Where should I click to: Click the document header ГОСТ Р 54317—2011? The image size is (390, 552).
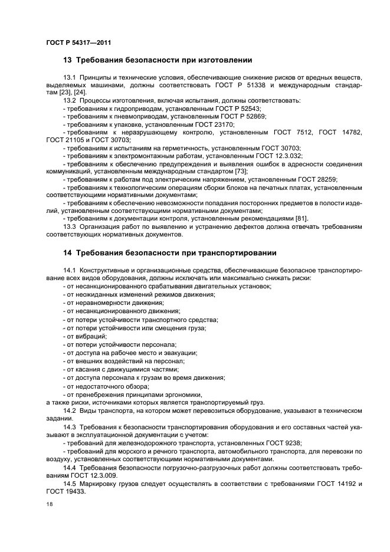(78, 43)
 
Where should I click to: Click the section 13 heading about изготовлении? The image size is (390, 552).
(158, 60)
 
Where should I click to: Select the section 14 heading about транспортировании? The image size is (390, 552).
(169, 253)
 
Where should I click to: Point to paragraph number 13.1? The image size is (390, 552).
(70, 78)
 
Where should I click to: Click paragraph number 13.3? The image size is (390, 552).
(70, 226)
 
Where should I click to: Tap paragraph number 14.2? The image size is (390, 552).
(70, 410)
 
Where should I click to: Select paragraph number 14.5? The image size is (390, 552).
(70, 484)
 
